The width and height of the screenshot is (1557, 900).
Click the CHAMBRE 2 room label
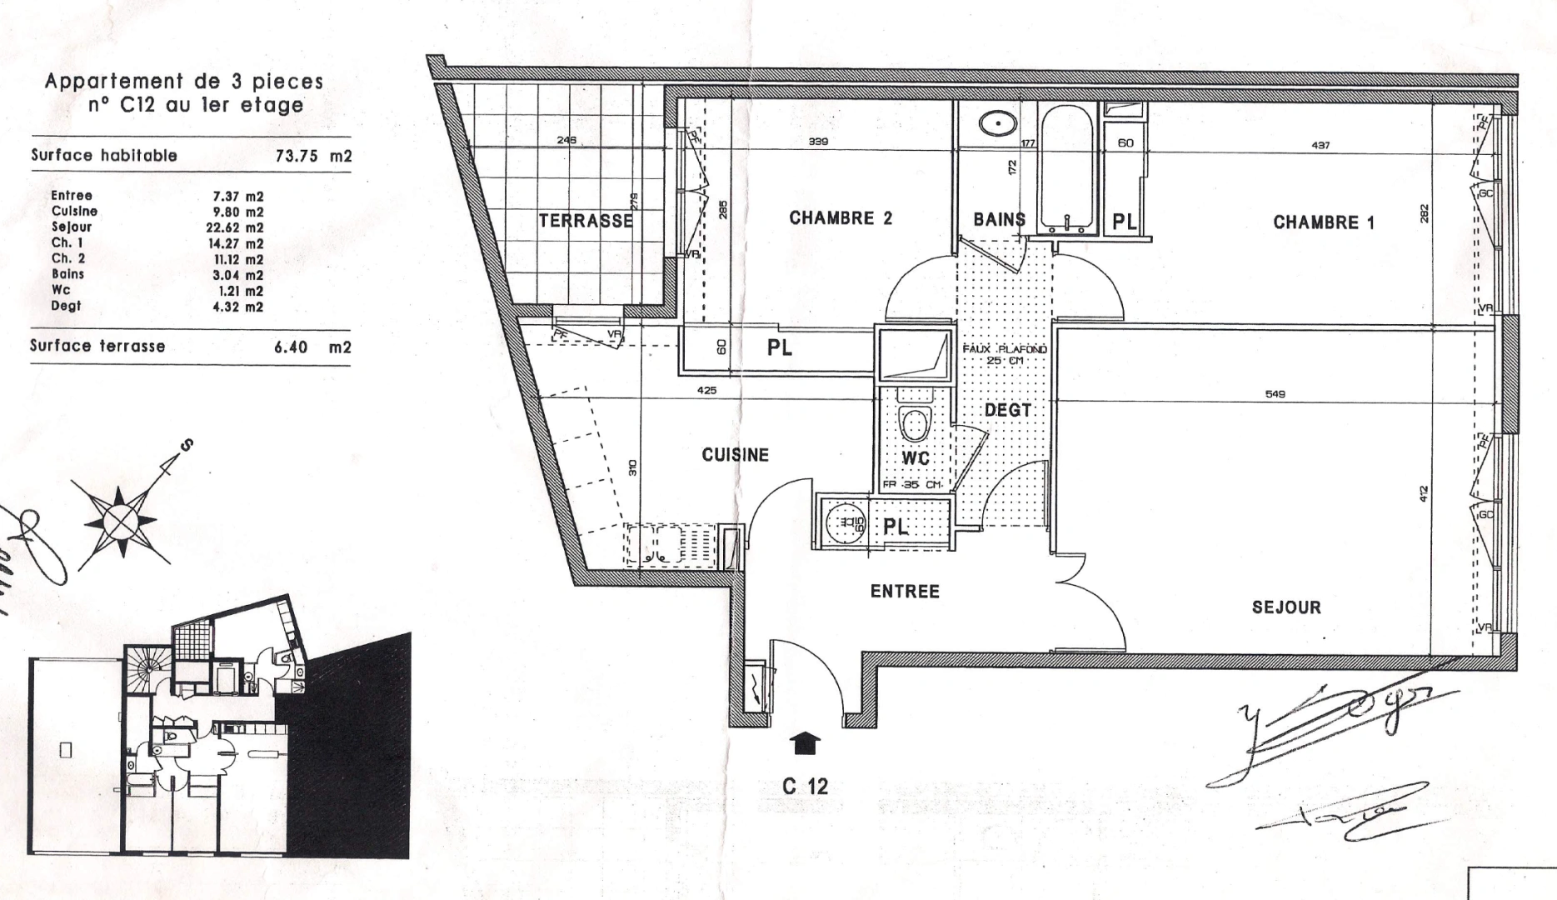(x=840, y=218)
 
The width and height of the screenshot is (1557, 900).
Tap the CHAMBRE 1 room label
(x=1323, y=222)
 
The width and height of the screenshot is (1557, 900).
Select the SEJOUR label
(x=1285, y=607)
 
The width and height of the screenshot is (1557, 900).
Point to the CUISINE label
(x=735, y=455)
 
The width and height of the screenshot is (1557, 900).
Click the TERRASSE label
(x=586, y=221)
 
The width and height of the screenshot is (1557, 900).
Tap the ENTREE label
(x=905, y=592)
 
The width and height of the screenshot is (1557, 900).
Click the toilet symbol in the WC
(x=915, y=423)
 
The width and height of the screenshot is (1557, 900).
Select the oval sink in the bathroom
(x=996, y=125)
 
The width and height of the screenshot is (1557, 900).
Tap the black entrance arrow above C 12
(x=805, y=742)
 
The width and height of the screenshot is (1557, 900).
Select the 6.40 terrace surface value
(x=291, y=347)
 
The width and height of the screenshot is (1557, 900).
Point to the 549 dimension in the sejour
(x=1275, y=394)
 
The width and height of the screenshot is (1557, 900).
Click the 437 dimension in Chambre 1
(x=1320, y=145)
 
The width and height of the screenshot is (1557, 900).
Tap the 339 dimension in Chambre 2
(x=818, y=142)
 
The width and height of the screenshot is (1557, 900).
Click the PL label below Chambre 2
(x=779, y=348)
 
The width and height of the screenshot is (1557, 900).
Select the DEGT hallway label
(x=1007, y=410)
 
